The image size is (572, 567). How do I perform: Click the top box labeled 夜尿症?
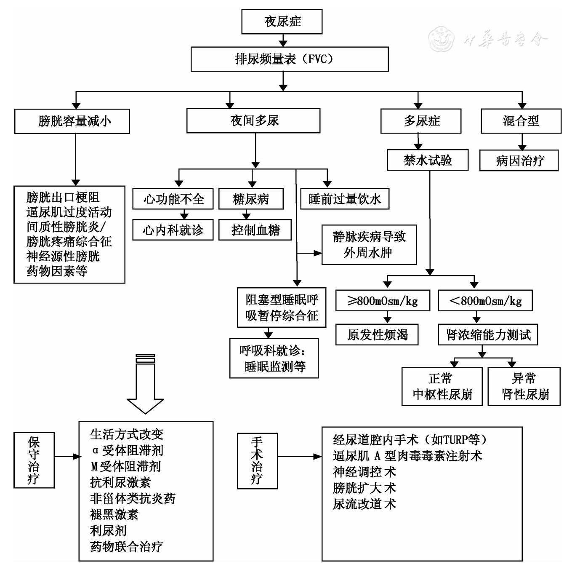pyautogui.click(x=282, y=22)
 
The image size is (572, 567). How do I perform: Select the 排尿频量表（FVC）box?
pyautogui.click(x=289, y=59)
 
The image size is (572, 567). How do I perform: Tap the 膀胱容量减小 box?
pyautogui.click(x=72, y=121)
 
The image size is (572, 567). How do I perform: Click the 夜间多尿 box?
pyautogui.click(x=253, y=121)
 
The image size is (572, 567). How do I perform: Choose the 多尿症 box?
pyautogui.click(x=420, y=121)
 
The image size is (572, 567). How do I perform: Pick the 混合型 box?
pyautogui.click(x=521, y=121)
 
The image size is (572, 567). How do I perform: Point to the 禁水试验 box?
pyautogui.click(x=427, y=160)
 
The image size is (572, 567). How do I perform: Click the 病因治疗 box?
pyautogui.click(x=519, y=160)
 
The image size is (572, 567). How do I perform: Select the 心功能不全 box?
pyautogui.click(x=173, y=199)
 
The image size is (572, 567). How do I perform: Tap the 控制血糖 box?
pyautogui.click(x=255, y=230)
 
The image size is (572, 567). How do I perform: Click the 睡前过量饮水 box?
pyautogui.click(x=344, y=199)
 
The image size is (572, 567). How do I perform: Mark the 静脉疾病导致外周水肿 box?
pyautogui.click(x=369, y=245)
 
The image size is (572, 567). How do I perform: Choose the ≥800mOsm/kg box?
pyautogui.click(x=382, y=301)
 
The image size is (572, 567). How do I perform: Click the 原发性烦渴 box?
pyautogui.click(x=377, y=335)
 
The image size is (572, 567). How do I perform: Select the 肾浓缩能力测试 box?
pyautogui.click(x=487, y=335)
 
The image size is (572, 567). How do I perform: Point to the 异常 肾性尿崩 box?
pyautogui.click(x=524, y=387)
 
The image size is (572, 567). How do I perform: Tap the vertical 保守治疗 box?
pyautogui.click(x=34, y=460)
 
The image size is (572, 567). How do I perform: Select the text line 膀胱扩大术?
pyautogui.click(x=364, y=488)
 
